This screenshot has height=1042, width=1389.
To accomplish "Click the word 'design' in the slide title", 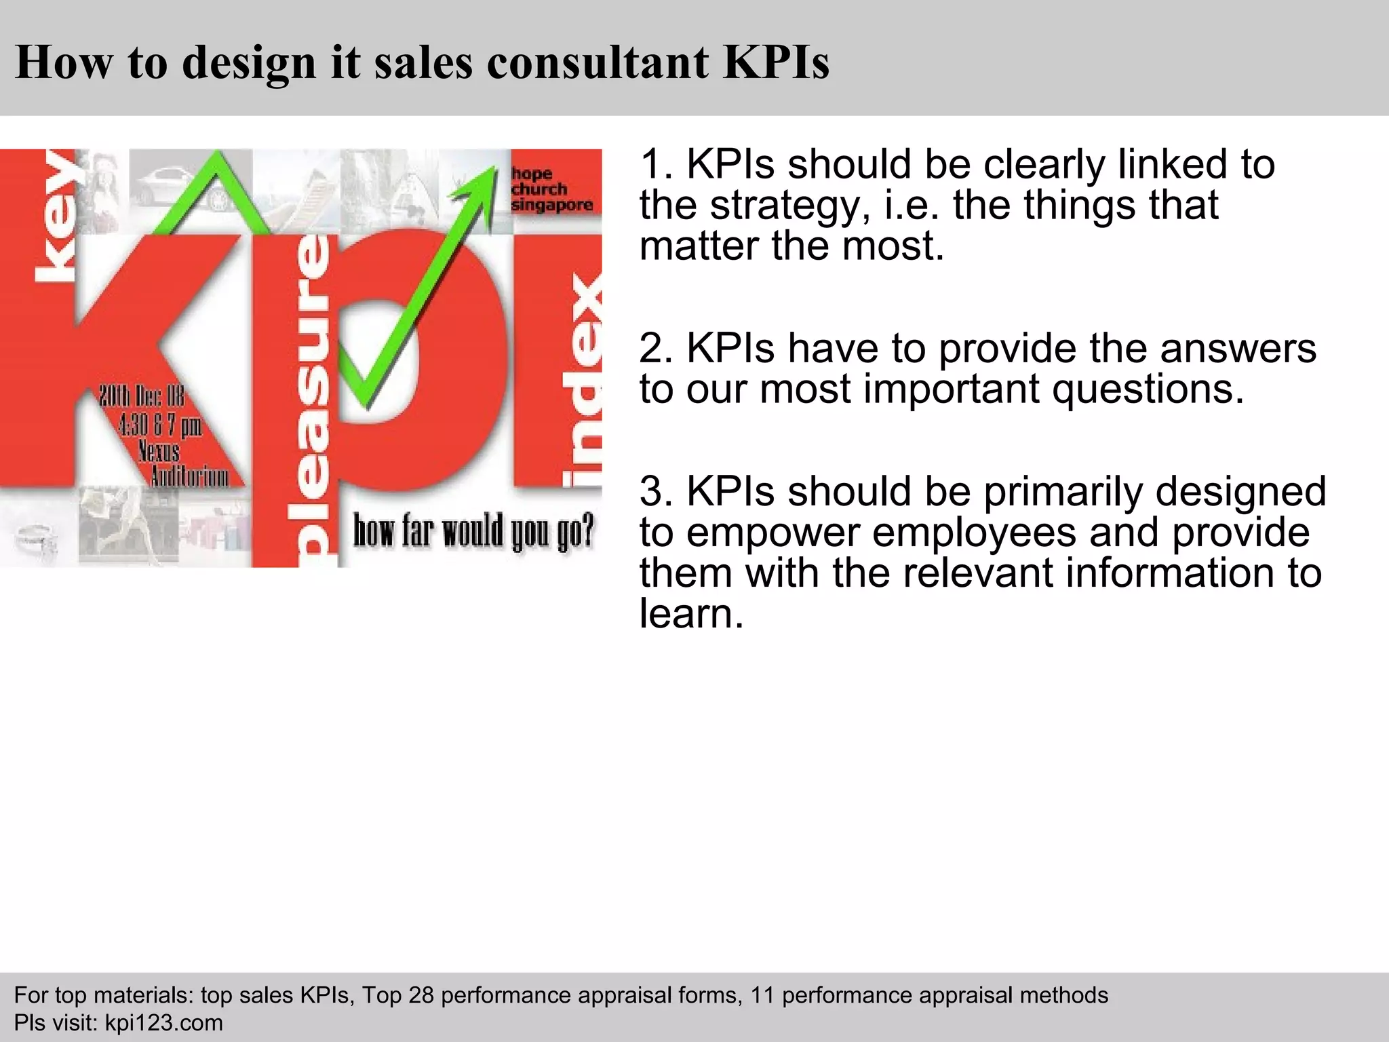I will pyautogui.click(x=249, y=62).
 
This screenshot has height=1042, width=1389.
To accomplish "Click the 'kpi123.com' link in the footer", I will pyautogui.click(x=163, y=1022).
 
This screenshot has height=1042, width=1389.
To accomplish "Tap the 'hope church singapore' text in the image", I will pyautogui.click(x=551, y=189).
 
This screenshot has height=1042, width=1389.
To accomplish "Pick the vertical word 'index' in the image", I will pyautogui.click(x=583, y=380).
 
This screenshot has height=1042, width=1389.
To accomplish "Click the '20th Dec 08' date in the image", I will pyautogui.click(x=141, y=396).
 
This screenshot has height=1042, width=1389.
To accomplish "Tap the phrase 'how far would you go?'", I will pyautogui.click(x=473, y=530).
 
